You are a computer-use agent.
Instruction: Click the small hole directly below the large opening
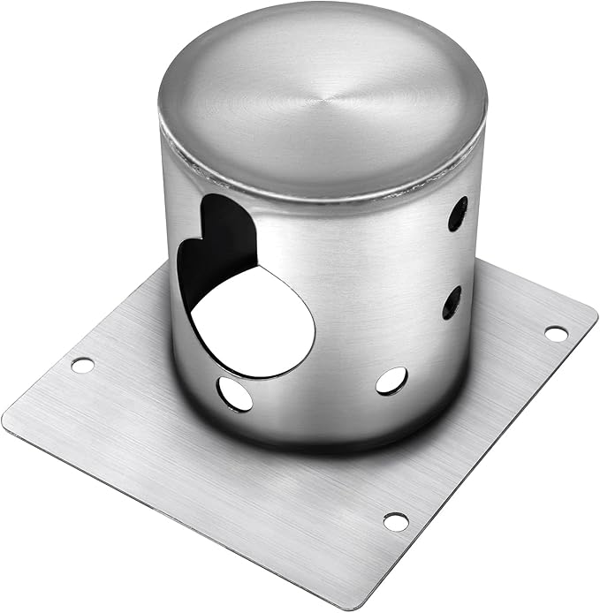[235, 393]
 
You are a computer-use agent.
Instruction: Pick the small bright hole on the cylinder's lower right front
[391, 381]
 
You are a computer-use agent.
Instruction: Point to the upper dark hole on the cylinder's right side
[458, 213]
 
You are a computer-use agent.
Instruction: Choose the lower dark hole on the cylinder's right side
[452, 302]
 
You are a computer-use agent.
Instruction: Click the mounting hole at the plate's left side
[82, 364]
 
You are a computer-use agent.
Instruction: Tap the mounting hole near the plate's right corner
[556, 333]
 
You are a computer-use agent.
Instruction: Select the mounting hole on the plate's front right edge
[396, 521]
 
